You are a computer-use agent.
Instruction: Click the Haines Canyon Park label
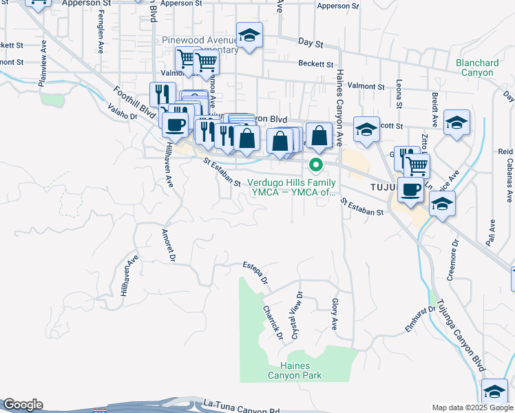[302, 370]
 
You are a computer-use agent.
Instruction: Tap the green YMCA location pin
[316, 165]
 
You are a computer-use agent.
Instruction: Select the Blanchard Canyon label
[477, 67]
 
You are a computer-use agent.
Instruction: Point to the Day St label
[311, 43]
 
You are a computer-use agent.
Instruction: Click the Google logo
[23, 405]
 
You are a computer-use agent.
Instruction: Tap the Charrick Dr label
[273, 322]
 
